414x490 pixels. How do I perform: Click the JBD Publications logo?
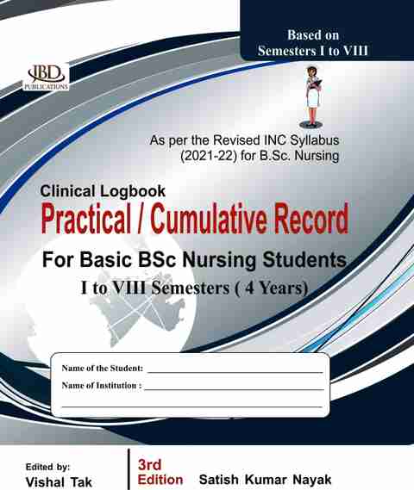(47, 78)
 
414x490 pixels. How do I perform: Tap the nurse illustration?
(312, 96)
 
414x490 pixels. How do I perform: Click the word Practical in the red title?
(86, 219)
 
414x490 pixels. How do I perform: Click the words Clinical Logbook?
(103, 191)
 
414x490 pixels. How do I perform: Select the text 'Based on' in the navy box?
(313, 35)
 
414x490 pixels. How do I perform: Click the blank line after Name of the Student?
(235, 372)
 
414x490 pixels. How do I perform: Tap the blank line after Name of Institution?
(234, 389)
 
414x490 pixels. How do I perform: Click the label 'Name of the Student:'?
(103, 368)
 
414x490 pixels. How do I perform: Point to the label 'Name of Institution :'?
(102, 385)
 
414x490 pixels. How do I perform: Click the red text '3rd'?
(149, 465)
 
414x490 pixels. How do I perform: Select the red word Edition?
(160, 480)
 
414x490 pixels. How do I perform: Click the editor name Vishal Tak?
(59, 482)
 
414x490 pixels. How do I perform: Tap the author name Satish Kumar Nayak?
(265, 480)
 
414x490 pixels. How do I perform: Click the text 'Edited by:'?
(48, 467)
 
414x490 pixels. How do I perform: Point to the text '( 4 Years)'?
(272, 288)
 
